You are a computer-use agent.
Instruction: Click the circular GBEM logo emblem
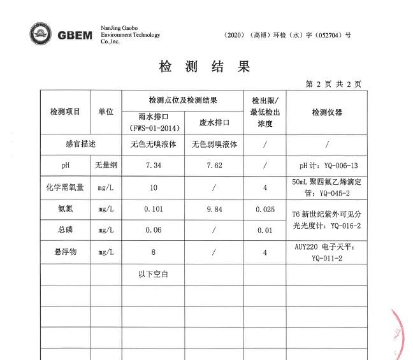click(x=43, y=34)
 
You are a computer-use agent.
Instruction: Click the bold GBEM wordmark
click(x=75, y=35)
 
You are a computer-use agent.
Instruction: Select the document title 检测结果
click(x=204, y=67)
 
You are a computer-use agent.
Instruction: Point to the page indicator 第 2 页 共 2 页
click(x=333, y=84)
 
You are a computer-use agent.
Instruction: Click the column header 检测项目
click(x=65, y=112)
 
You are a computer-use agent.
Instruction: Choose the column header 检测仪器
click(x=326, y=112)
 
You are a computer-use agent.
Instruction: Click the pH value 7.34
click(x=153, y=166)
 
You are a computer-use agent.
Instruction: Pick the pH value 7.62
click(x=214, y=166)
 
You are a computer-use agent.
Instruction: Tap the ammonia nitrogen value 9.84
click(x=214, y=209)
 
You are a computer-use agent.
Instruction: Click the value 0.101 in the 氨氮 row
click(x=153, y=209)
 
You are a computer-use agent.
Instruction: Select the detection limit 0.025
click(x=264, y=209)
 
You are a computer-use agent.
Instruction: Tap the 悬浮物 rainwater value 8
click(x=153, y=252)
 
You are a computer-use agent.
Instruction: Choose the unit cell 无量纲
click(x=105, y=166)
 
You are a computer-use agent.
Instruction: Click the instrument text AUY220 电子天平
click(x=326, y=247)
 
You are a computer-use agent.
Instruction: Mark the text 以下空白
click(x=153, y=275)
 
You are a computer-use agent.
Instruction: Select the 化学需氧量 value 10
click(x=153, y=187)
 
